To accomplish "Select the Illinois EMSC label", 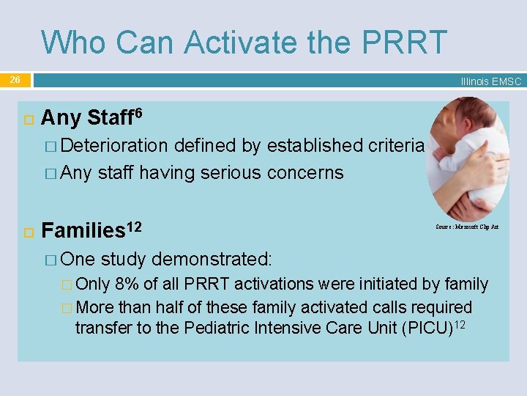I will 490,81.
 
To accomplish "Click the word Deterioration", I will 114,146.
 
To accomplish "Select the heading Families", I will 83,231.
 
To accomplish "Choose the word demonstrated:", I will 212,259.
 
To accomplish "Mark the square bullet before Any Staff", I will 24,118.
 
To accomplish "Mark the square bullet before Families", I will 24,232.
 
